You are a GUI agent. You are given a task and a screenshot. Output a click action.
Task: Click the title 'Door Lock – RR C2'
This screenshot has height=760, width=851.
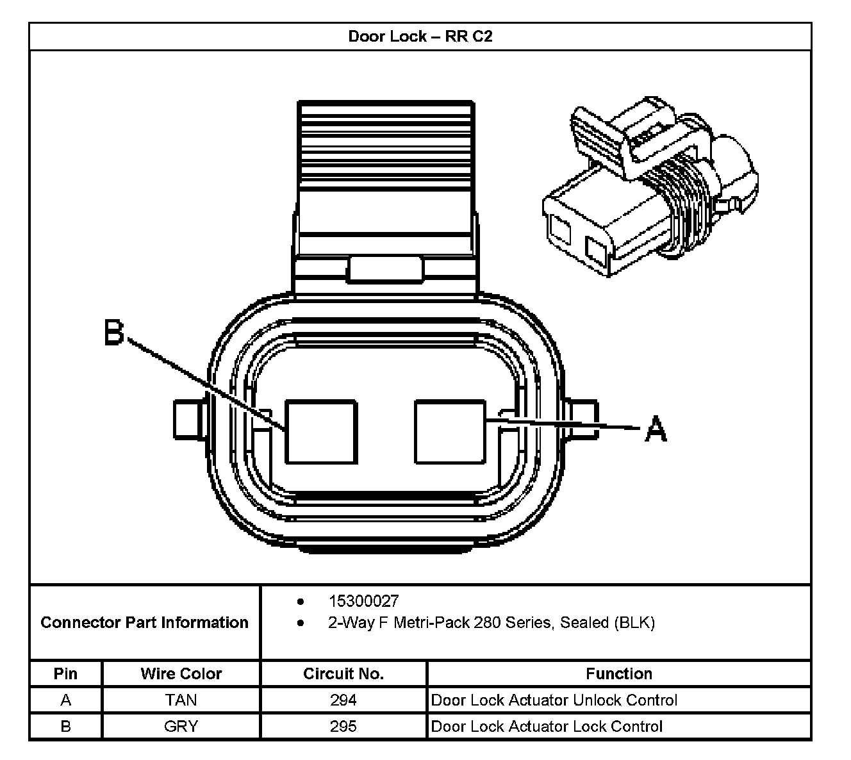pos(420,36)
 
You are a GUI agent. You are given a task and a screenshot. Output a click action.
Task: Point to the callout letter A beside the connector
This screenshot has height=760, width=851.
pos(655,428)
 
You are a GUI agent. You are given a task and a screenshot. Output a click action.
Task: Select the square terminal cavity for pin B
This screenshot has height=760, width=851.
pos(320,431)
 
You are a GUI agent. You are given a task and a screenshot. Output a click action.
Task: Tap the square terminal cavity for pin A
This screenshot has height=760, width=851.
pos(450,431)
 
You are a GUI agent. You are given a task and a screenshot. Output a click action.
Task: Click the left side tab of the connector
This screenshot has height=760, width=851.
pos(188,420)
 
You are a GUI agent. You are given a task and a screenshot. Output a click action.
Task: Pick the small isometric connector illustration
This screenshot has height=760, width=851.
pos(649,186)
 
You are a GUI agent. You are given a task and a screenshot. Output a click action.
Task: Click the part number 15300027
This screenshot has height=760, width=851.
pos(363,601)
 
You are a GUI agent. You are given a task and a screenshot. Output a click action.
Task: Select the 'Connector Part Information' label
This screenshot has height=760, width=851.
pos(144,622)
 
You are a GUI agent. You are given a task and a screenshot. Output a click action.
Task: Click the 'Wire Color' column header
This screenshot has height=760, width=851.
pos(181,673)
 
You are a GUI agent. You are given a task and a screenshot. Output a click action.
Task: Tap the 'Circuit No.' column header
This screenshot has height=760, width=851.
pos(343,673)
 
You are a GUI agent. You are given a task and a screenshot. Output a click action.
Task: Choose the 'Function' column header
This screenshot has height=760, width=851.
pos(619,673)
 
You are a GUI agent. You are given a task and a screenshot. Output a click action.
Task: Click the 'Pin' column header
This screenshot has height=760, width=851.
pos(65,673)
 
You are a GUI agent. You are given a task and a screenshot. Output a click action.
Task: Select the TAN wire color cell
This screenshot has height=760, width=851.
pos(181,700)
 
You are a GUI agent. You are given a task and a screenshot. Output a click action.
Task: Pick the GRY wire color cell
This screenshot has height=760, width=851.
pos(181,726)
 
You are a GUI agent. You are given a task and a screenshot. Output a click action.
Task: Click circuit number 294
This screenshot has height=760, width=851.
pos(343,700)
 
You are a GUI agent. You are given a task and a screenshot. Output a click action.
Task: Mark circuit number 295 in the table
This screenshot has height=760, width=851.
pos(343,726)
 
